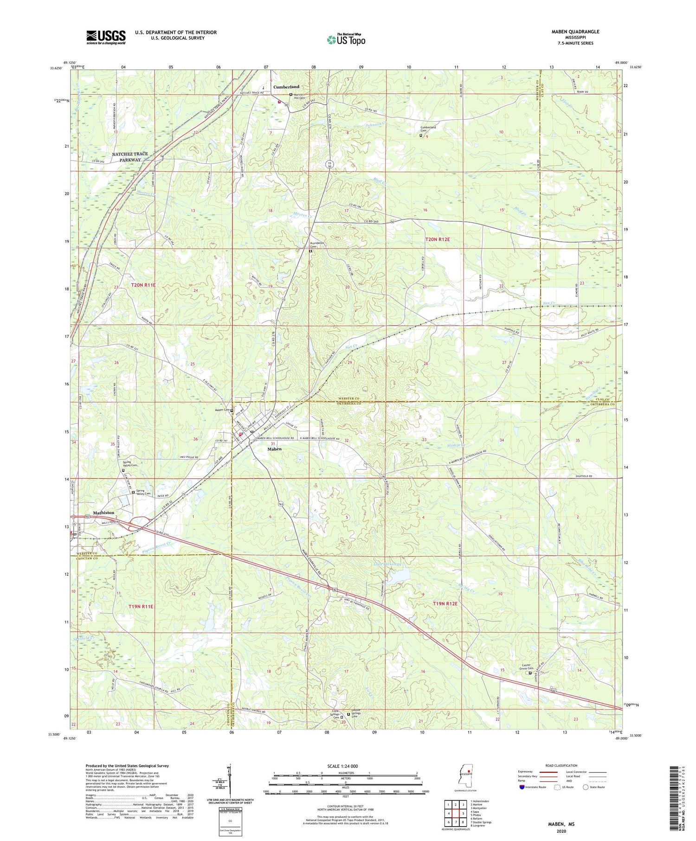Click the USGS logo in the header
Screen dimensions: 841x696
click(106, 37)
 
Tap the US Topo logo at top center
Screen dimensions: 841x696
click(346, 39)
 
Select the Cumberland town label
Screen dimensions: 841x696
click(286, 87)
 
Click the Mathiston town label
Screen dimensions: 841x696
click(103, 513)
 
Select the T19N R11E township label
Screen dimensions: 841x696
click(141, 606)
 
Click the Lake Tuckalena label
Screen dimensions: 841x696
click(387, 564)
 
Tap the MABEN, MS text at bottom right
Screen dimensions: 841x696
click(562, 823)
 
